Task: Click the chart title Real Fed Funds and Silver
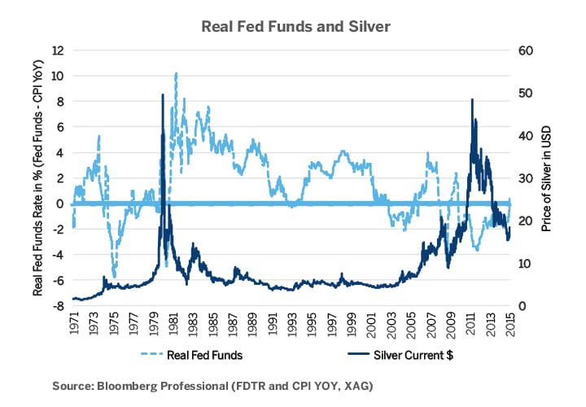pyautogui.click(x=296, y=27)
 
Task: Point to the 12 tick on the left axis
pyautogui.click(x=57, y=50)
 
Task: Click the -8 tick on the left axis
pyautogui.click(x=57, y=306)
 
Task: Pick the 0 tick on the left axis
pyautogui.click(x=59, y=203)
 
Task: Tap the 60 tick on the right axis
pyautogui.click(x=525, y=50)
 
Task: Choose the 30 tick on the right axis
pyautogui.click(x=525, y=178)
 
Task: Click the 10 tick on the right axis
pyautogui.click(x=525, y=264)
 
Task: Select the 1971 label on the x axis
pyautogui.click(x=74, y=323)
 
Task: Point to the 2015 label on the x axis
pyautogui.click(x=510, y=323)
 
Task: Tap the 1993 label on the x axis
pyautogui.click(x=292, y=323)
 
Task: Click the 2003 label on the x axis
pyautogui.click(x=391, y=323)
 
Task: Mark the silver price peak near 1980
pyautogui.click(x=163, y=95)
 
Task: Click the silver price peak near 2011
pyautogui.click(x=472, y=100)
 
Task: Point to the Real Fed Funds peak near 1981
pyautogui.click(x=176, y=73)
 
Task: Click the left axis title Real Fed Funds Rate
pyautogui.click(x=37, y=178)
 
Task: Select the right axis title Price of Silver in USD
pyautogui.click(x=546, y=178)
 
